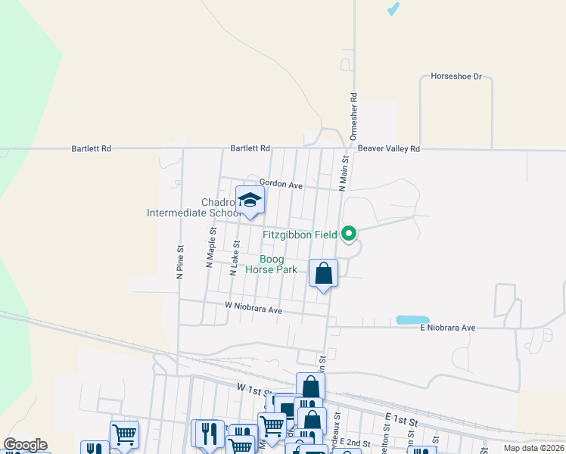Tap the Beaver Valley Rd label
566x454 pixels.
coord(389,149)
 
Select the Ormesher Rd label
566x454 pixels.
coord(353,116)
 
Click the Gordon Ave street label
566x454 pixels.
coord(281,184)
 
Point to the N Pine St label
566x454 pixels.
coord(180,262)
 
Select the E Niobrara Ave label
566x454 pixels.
coord(447,328)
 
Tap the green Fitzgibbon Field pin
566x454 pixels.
coord(349,233)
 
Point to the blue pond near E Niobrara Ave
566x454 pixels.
coord(413,320)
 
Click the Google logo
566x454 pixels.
coord(25,445)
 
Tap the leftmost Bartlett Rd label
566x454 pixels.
coord(92,149)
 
